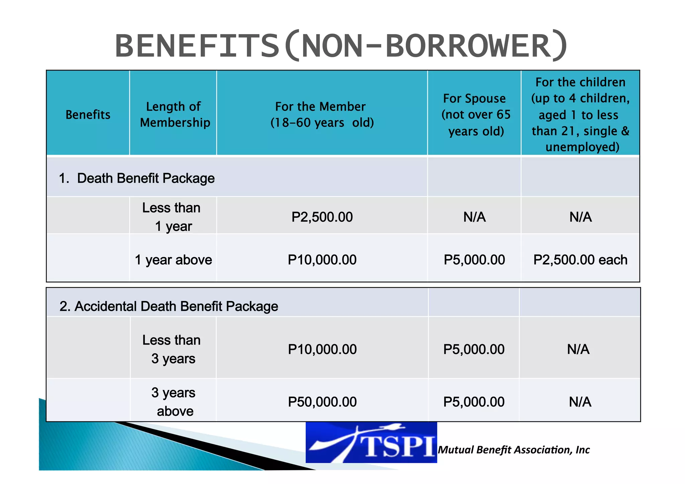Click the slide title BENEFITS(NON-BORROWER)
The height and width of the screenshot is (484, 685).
pos(341,46)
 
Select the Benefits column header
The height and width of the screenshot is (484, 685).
pos(88,115)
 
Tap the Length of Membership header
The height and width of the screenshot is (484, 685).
pos(175,115)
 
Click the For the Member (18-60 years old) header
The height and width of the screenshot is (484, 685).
pos(322,115)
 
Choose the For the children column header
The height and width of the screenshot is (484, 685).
pos(581,114)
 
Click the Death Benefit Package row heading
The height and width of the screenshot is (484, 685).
pos(137,178)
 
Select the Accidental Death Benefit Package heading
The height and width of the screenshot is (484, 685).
pos(169,306)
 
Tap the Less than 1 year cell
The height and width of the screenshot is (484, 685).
pos(172,217)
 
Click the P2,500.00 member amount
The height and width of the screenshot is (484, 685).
pos(322,217)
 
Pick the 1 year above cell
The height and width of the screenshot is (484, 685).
pos(173,260)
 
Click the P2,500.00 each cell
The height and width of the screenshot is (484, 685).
pos(580,260)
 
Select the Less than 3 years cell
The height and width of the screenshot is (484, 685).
pos(172,349)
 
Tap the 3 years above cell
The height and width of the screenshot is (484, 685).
pos(173,402)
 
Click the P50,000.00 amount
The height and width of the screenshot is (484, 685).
pos(322,402)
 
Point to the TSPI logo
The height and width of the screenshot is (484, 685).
pos(371,443)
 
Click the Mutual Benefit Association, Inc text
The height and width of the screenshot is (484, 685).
pos(514,450)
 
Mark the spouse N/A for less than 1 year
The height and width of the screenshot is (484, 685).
pos(474,217)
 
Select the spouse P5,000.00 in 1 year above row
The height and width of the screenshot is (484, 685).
pos(474,260)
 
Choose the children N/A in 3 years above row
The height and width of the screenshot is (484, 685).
pos(580,402)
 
